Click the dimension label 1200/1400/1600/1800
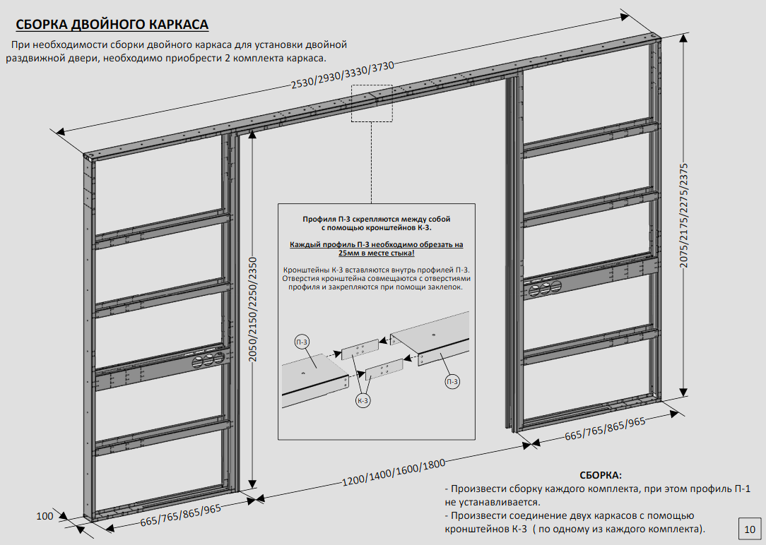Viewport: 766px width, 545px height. point(394,472)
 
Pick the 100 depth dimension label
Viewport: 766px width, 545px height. point(45,516)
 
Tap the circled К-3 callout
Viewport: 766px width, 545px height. point(363,400)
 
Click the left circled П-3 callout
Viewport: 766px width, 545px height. point(302,342)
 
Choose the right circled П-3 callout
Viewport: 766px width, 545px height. point(453,382)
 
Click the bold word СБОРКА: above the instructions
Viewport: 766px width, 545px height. point(600,476)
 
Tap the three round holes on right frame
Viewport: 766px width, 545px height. point(545,287)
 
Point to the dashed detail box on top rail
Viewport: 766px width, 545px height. point(372,103)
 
